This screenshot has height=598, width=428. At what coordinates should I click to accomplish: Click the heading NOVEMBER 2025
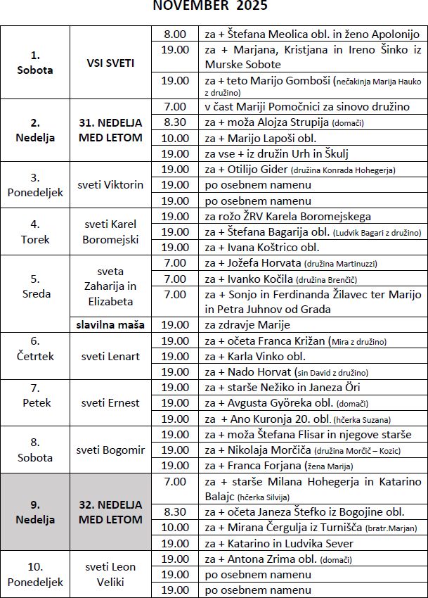point(210,6)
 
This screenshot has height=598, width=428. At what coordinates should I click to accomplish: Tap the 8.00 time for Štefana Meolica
point(175,34)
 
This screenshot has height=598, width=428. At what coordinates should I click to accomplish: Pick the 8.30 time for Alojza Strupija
point(175,122)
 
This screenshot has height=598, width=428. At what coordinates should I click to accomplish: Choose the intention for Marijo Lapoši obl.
point(261,138)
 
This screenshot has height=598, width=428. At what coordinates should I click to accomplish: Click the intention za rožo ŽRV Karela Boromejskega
point(287,216)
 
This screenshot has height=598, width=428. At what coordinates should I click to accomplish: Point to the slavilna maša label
point(110,324)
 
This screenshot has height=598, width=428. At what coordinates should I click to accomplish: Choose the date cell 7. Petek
point(36,403)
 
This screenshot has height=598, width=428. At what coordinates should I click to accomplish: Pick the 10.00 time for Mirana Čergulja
point(175,528)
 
